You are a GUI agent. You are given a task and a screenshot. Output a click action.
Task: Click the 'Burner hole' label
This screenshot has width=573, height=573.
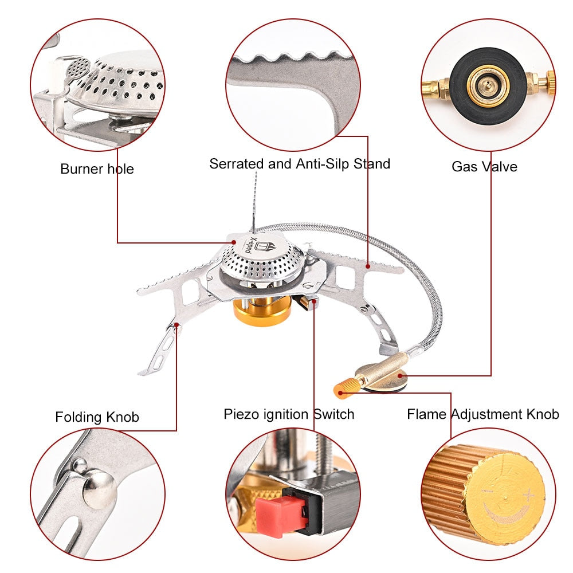97,169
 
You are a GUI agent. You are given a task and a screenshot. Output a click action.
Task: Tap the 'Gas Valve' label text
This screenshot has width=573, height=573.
484,167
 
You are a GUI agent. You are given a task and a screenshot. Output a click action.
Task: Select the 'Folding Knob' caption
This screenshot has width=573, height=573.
97,417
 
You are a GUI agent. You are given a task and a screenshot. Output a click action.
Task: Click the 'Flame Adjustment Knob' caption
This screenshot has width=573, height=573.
482,414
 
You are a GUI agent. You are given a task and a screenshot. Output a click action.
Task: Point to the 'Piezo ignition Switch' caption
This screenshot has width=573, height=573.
289,414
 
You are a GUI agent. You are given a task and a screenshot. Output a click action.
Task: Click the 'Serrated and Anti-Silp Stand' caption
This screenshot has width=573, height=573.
299,163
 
